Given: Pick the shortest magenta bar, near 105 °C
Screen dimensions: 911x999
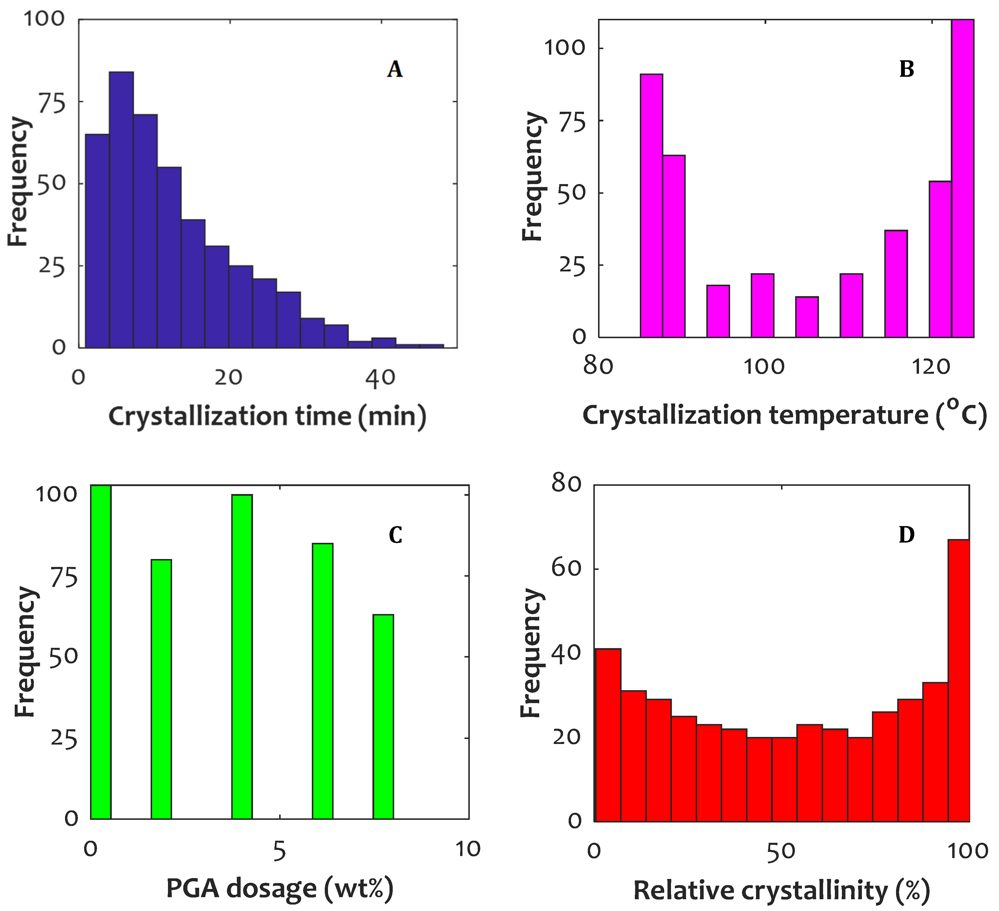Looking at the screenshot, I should coord(807,317).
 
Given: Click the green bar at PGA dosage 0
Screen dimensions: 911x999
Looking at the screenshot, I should coord(101,654).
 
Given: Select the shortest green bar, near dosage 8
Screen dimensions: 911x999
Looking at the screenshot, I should coord(383,718).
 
